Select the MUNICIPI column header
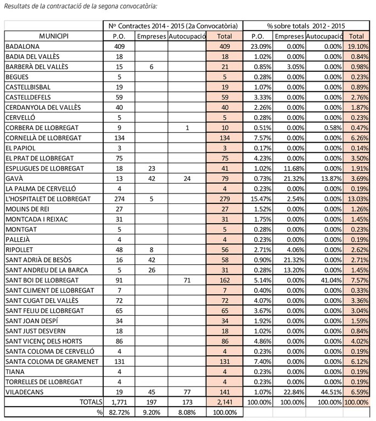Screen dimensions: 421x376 click(x=54, y=36)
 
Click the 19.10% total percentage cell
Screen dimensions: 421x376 click(x=358, y=47)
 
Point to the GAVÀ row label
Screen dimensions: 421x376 click(x=15, y=178)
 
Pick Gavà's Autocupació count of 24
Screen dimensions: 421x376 click(x=187, y=178)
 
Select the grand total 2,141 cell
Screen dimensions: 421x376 click(x=225, y=402)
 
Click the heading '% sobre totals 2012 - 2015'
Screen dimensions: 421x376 click(x=306, y=26)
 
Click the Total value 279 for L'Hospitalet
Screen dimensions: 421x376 click(x=225, y=198)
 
